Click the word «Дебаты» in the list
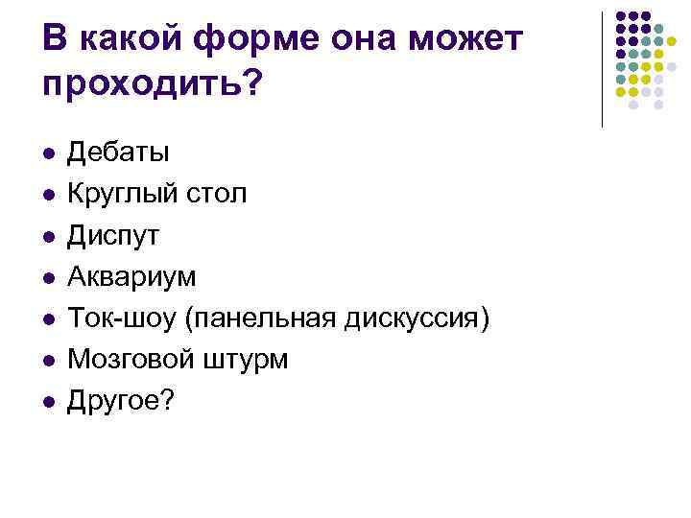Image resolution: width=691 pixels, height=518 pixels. [x=118, y=152]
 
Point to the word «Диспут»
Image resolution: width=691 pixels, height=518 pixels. [x=112, y=235]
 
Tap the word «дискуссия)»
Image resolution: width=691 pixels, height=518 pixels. [x=416, y=318]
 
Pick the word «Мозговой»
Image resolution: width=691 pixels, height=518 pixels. [x=128, y=360]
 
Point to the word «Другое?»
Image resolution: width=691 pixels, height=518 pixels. [x=121, y=401]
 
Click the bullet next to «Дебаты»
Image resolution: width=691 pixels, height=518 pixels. [x=47, y=153]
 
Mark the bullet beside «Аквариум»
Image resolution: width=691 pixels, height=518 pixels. [x=47, y=277]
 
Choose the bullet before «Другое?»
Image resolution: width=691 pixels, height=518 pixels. [x=47, y=402]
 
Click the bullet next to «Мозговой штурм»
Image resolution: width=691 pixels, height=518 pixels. [x=47, y=361]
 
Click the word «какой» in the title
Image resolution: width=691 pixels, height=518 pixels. [x=124, y=39]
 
